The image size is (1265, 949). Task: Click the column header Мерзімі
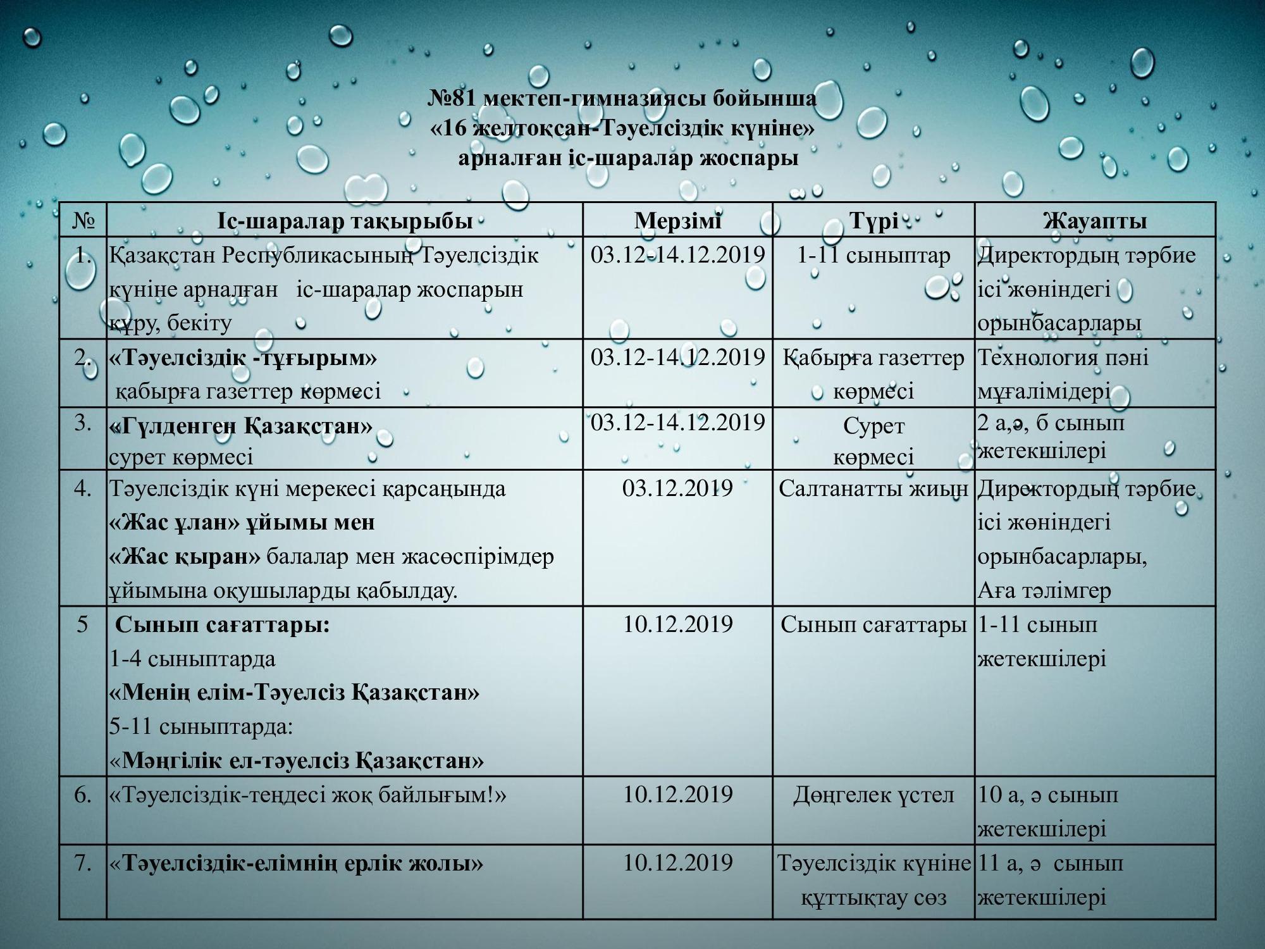click(x=677, y=221)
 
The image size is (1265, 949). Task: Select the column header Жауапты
click(x=1095, y=221)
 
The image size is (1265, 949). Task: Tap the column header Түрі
click(x=873, y=221)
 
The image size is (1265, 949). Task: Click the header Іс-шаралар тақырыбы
click(x=345, y=221)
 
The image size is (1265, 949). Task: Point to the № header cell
click(x=83, y=221)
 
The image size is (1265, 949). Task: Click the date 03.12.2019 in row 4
click(x=677, y=488)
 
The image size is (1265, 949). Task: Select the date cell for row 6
click(x=677, y=795)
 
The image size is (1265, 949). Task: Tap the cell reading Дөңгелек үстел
click(x=873, y=795)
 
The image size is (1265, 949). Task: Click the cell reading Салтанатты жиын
click(x=873, y=488)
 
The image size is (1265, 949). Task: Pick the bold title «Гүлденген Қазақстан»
click(x=241, y=426)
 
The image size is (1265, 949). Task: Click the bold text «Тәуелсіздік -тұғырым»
click(x=243, y=358)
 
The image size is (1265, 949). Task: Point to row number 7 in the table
click(x=83, y=863)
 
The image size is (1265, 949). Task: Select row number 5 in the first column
click(x=83, y=625)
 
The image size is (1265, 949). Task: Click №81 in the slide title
click(x=453, y=99)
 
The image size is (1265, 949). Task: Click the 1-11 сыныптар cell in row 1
click(x=873, y=255)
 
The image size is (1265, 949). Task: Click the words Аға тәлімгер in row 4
click(x=1044, y=591)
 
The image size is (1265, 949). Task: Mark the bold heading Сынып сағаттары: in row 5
click(x=223, y=625)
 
